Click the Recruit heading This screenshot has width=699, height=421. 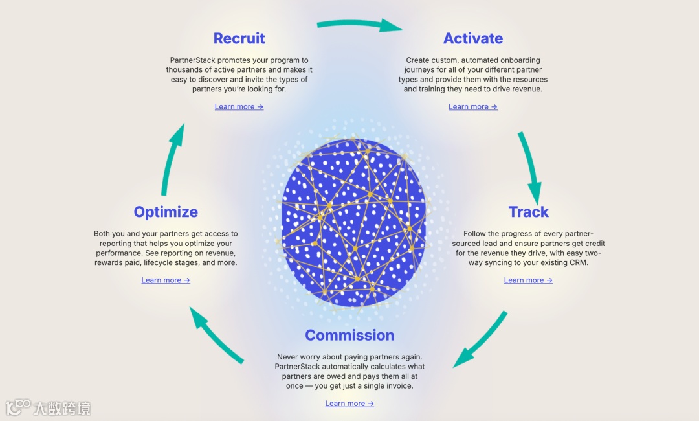tap(239, 38)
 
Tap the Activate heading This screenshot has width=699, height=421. tap(472, 38)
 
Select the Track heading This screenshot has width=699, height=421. tap(528, 212)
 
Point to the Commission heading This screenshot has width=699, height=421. tap(349, 335)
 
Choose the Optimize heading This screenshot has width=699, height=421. tap(166, 212)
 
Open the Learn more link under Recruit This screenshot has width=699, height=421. tap(239, 107)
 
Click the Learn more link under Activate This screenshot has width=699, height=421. tap(472, 107)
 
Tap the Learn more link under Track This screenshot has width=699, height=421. tap(528, 280)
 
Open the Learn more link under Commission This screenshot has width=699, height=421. tap(349, 404)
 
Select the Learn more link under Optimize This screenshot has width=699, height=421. tap(166, 280)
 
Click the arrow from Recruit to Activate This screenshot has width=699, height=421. tap(359, 25)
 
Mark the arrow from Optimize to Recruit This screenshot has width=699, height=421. tap(172, 159)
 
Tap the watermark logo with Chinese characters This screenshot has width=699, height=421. tap(49, 407)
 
